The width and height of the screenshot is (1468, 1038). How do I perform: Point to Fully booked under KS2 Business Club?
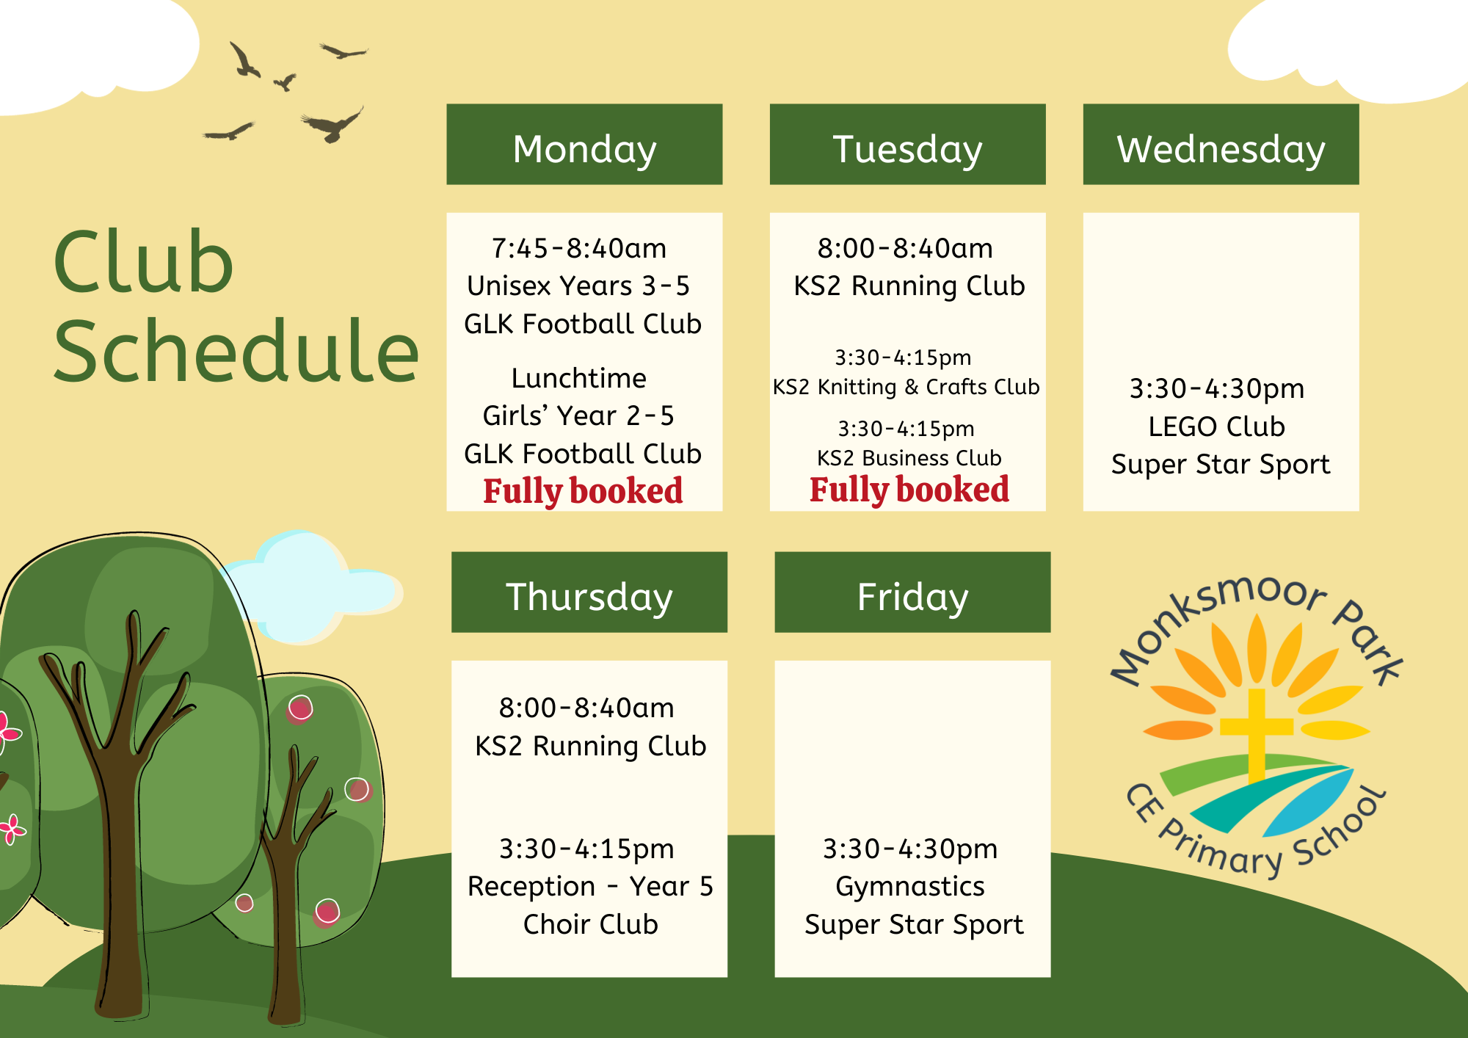(909, 490)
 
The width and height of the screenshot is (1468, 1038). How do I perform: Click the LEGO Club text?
(1216, 427)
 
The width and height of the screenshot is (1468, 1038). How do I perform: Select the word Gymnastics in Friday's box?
(910, 887)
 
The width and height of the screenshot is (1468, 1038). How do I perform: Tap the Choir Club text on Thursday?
(590, 924)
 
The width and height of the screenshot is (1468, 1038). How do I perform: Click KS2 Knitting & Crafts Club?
(906, 387)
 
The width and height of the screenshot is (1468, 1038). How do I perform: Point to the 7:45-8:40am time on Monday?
(579, 249)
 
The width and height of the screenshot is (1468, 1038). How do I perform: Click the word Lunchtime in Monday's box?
(579, 378)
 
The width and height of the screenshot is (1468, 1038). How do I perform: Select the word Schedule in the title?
(236, 351)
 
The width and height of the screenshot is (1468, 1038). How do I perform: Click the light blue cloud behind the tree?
(312, 587)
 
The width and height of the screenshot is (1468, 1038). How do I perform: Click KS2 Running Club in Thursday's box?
(590, 746)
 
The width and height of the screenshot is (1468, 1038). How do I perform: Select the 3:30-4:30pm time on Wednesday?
(1217, 389)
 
